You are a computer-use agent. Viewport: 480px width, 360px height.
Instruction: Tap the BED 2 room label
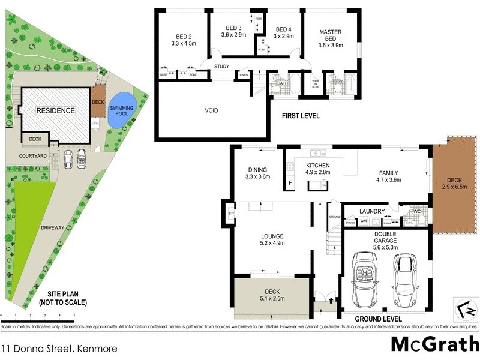point(183,39)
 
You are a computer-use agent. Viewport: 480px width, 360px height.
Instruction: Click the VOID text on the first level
point(211,110)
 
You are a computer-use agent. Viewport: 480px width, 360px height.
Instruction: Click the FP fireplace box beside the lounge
point(231,212)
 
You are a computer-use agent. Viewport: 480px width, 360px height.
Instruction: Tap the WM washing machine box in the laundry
point(363,221)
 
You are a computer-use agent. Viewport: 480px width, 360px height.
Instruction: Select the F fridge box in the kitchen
point(290,183)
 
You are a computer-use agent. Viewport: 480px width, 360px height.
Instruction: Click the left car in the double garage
point(365,278)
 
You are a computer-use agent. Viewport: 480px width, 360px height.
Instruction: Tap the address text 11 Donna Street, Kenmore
point(59,347)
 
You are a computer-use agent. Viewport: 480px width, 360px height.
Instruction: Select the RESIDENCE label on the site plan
point(55,110)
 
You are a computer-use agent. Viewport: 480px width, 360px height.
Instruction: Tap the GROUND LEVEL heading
point(378,319)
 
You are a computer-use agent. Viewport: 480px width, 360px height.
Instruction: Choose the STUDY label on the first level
point(221,66)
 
